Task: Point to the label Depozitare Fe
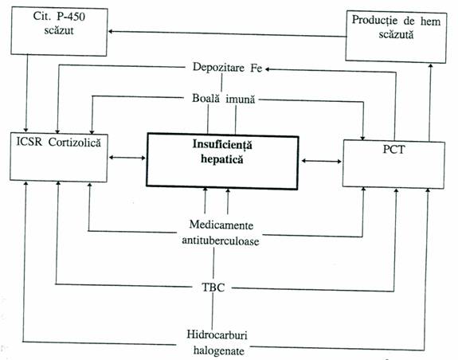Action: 227,68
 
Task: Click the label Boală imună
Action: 224,99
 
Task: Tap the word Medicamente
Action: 221,225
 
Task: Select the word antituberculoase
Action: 221,241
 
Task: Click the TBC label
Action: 213,288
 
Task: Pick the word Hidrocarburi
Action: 217,335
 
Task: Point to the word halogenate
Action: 219,350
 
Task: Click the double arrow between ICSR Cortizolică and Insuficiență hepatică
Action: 127,158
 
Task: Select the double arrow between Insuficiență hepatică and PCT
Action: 321,161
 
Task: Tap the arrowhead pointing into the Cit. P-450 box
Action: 111,32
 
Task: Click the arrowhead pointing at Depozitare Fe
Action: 268,69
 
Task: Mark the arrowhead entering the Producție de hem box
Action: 430,66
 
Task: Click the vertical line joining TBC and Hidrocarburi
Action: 213,311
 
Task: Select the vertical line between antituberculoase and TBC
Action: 213,263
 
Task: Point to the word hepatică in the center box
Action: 222,159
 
